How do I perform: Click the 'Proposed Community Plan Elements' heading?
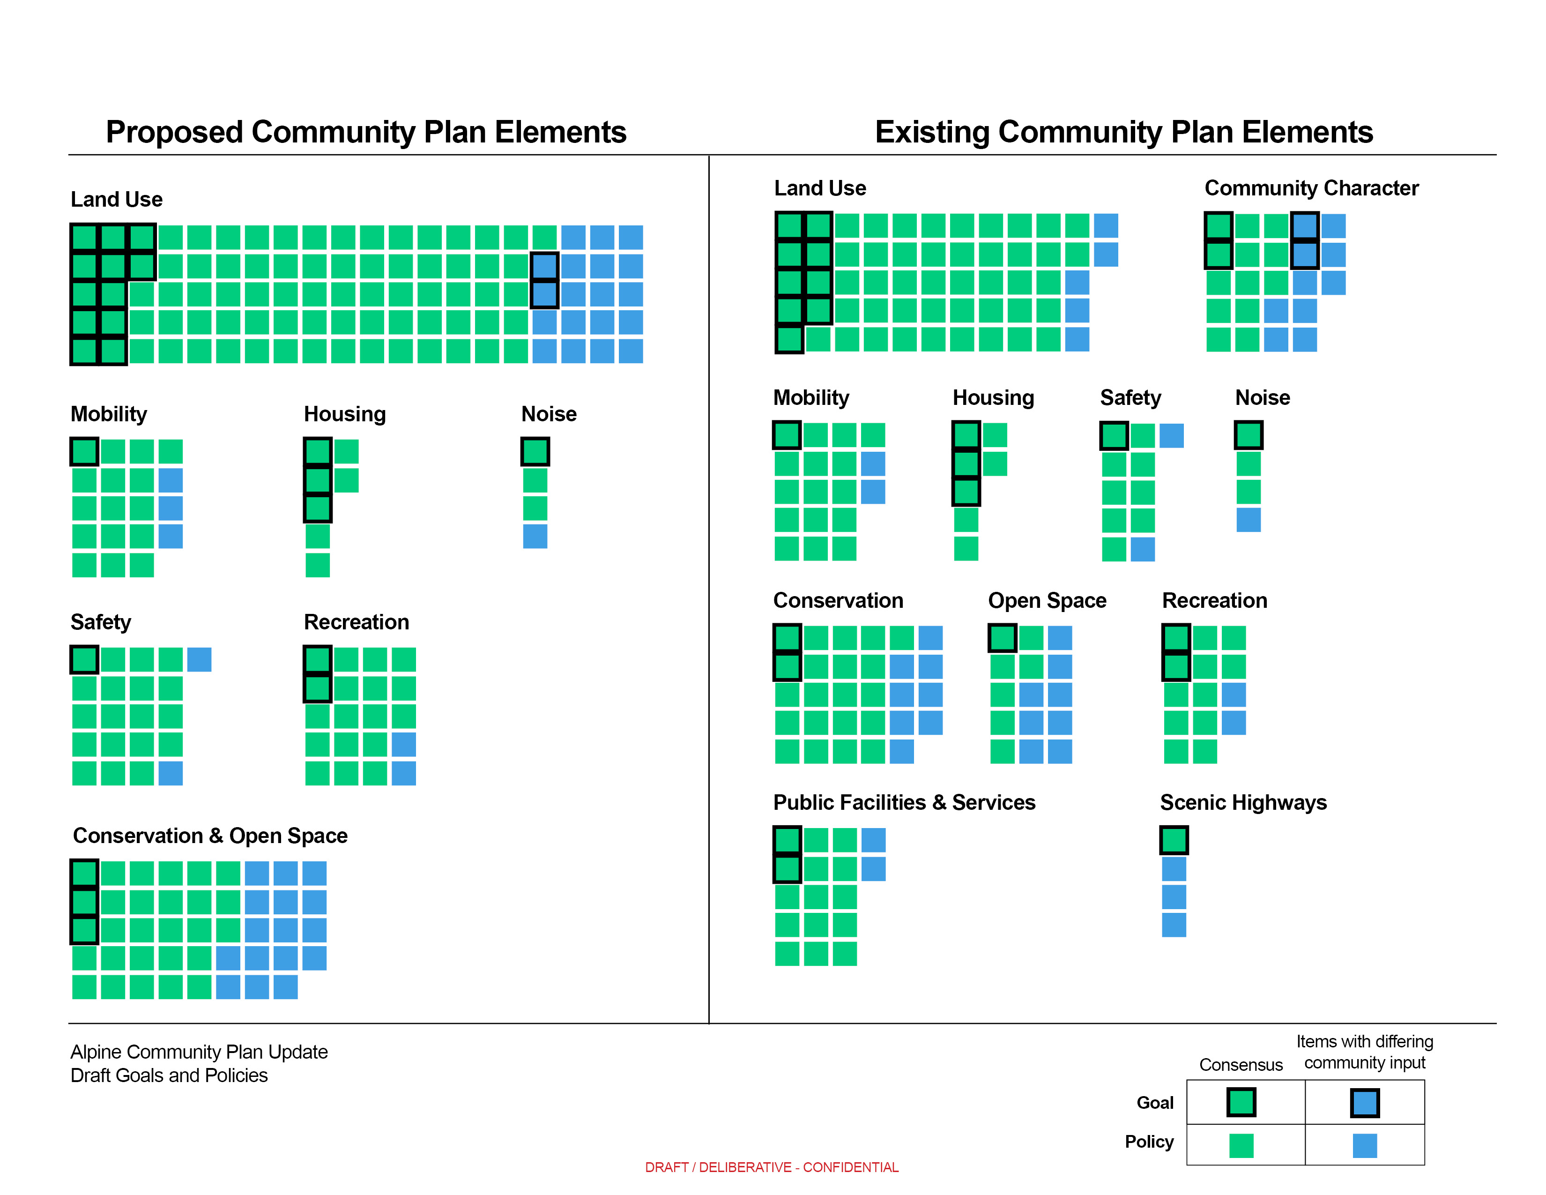366,132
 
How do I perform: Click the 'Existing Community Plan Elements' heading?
1123,132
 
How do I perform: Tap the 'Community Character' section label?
1311,188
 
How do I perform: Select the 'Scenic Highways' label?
1243,802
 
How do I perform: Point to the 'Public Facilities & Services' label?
904,802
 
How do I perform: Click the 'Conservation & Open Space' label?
210,836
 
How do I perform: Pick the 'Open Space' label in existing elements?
1047,600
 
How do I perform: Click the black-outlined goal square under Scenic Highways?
1174,840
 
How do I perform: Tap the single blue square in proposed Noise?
535,536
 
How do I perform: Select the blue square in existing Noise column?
1248,520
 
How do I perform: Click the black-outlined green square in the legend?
1241,1102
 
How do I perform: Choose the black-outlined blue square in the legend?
1364,1102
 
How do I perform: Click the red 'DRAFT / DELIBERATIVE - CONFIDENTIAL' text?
772,1167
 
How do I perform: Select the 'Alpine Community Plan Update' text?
199,1052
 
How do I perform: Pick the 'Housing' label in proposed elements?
345,414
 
